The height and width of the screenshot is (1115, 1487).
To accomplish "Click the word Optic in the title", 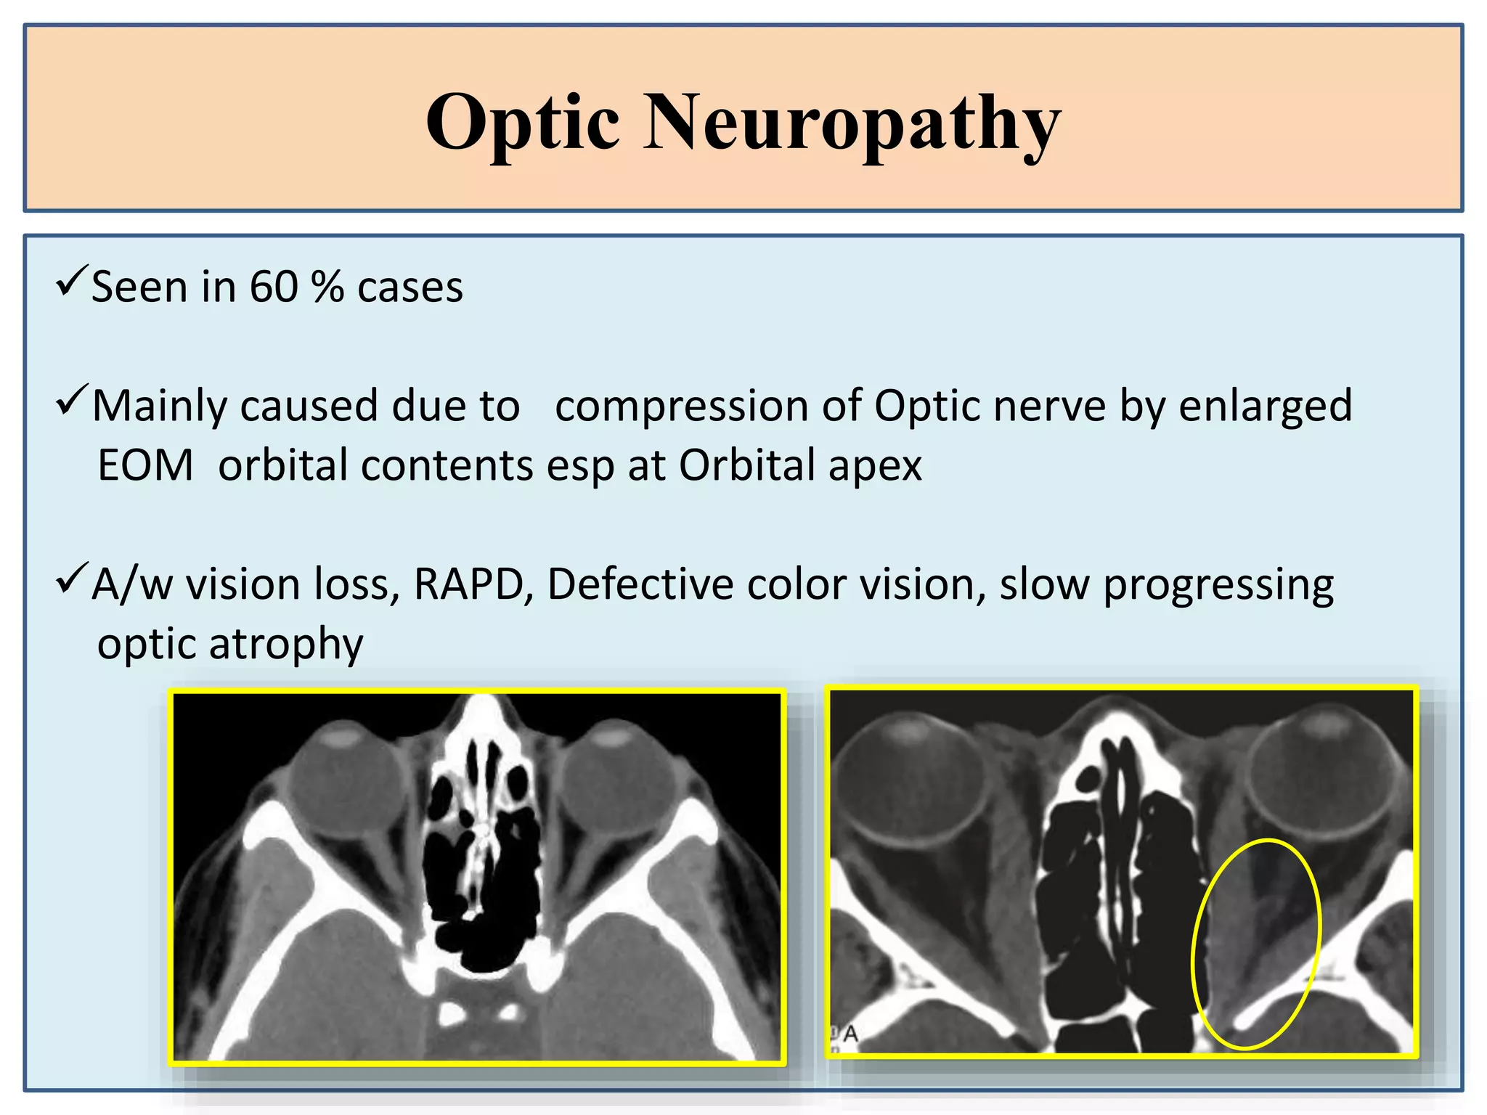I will pos(523,123).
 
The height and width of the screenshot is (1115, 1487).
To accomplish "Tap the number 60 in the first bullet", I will pos(274,287).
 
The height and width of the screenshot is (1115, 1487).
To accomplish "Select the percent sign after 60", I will pos(327,287).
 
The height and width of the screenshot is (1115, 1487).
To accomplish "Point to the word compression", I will pos(681,406).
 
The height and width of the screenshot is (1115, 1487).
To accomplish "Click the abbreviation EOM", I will pos(145,465).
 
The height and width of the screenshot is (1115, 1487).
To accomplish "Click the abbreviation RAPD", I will pos(468,584).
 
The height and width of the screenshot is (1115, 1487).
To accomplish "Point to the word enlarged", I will pos(1265,407).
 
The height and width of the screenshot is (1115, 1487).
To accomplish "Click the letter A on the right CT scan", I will pos(850,1033).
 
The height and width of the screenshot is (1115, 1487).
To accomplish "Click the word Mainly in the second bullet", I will pos(160,407).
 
